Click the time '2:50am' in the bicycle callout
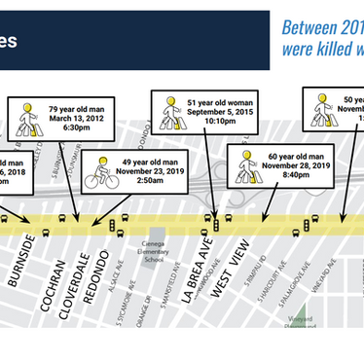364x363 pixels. pyautogui.click(x=147, y=183)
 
